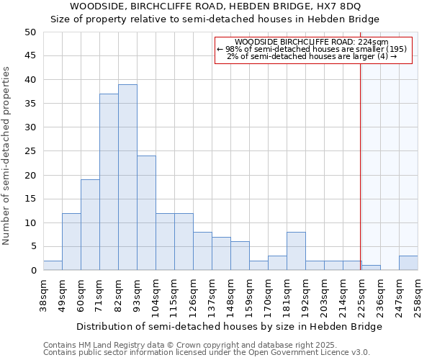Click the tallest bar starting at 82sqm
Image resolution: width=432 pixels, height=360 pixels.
coord(127,177)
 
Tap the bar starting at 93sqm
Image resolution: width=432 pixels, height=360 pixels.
coord(146,213)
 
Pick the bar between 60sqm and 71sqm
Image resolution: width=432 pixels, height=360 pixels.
coord(90,225)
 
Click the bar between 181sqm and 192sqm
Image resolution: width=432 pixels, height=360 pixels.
coord(296,251)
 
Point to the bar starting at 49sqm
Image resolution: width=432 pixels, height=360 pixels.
coord(71,241)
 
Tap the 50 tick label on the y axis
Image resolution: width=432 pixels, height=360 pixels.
coord(30,32)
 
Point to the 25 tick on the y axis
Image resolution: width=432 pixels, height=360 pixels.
coord(30,151)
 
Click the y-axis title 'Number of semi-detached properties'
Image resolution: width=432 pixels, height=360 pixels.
coord(7,156)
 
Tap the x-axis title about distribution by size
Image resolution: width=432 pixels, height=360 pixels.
coord(229,326)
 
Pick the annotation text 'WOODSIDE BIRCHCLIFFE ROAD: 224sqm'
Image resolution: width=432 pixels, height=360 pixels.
coord(312,42)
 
